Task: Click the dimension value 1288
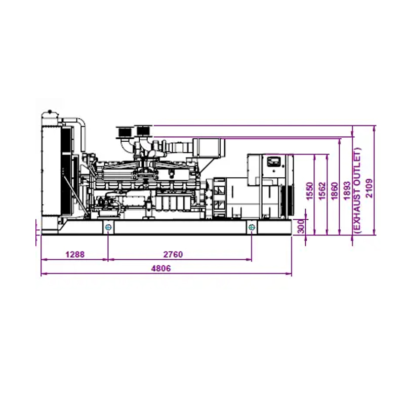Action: [74, 254]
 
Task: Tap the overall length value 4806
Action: [161, 269]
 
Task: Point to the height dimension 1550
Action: [310, 193]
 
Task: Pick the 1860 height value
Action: [334, 193]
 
